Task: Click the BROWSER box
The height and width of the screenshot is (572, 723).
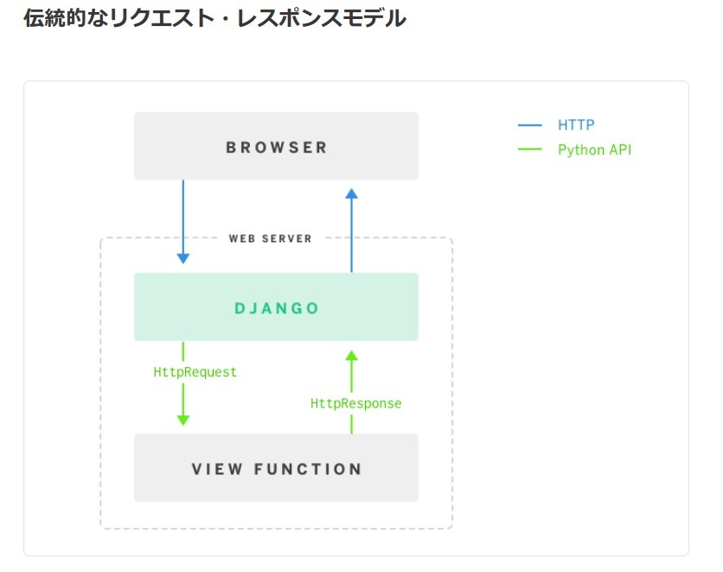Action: pyautogui.click(x=276, y=146)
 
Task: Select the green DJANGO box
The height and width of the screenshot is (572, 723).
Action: pyautogui.click(x=276, y=307)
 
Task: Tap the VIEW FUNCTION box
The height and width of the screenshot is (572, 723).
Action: pyautogui.click(x=276, y=468)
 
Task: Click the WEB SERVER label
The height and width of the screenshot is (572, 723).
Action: pyautogui.click(x=270, y=238)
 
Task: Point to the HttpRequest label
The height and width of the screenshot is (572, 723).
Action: pyautogui.click(x=195, y=372)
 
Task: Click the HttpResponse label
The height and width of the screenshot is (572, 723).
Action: pyautogui.click(x=356, y=403)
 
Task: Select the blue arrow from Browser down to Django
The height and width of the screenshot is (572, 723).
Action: pyautogui.click(x=182, y=221)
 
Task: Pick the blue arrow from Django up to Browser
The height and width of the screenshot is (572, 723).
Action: pyautogui.click(x=351, y=229)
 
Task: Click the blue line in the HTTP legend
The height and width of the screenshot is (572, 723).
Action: pyautogui.click(x=529, y=125)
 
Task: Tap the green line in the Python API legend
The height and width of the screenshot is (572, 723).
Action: pyautogui.click(x=529, y=150)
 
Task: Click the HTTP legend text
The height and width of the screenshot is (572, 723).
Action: pyautogui.click(x=576, y=125)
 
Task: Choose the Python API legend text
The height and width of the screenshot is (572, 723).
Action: pyautogui.click(x=594, y=150)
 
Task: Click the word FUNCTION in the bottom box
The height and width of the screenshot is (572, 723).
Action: pyautogui.click(x=308, y=469)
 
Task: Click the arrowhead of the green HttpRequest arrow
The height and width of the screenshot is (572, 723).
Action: pyautogui.click(x=182, y=419)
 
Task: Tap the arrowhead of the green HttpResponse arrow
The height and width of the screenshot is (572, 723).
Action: pyautogui.click(x=351, y=356)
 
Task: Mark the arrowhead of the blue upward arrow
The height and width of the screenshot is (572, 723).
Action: pyautogui.click(x=351, y=195)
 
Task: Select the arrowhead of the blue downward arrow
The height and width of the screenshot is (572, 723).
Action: pyautogui.click(x=182, y=257)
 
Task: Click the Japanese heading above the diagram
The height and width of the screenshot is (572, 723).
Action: pyautogui.click(x=214, y=19)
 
